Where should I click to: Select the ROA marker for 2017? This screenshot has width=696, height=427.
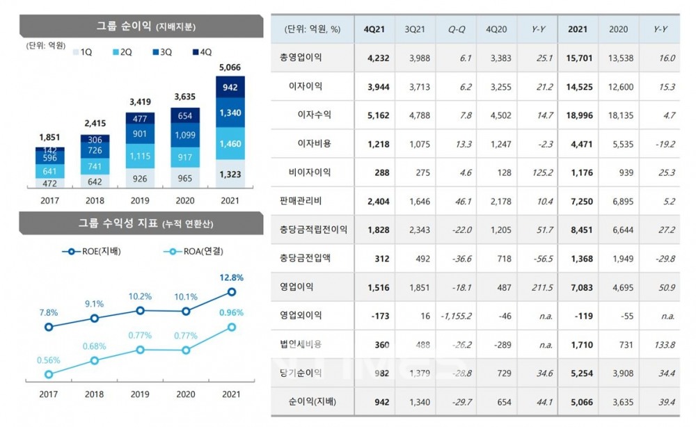49,374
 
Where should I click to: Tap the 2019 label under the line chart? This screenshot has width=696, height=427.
140,394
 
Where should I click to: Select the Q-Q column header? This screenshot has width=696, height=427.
457,29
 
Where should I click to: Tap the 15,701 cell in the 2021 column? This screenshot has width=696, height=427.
580,58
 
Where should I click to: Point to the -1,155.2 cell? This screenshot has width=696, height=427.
457,315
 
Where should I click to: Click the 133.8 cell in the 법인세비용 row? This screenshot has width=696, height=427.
665,344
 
